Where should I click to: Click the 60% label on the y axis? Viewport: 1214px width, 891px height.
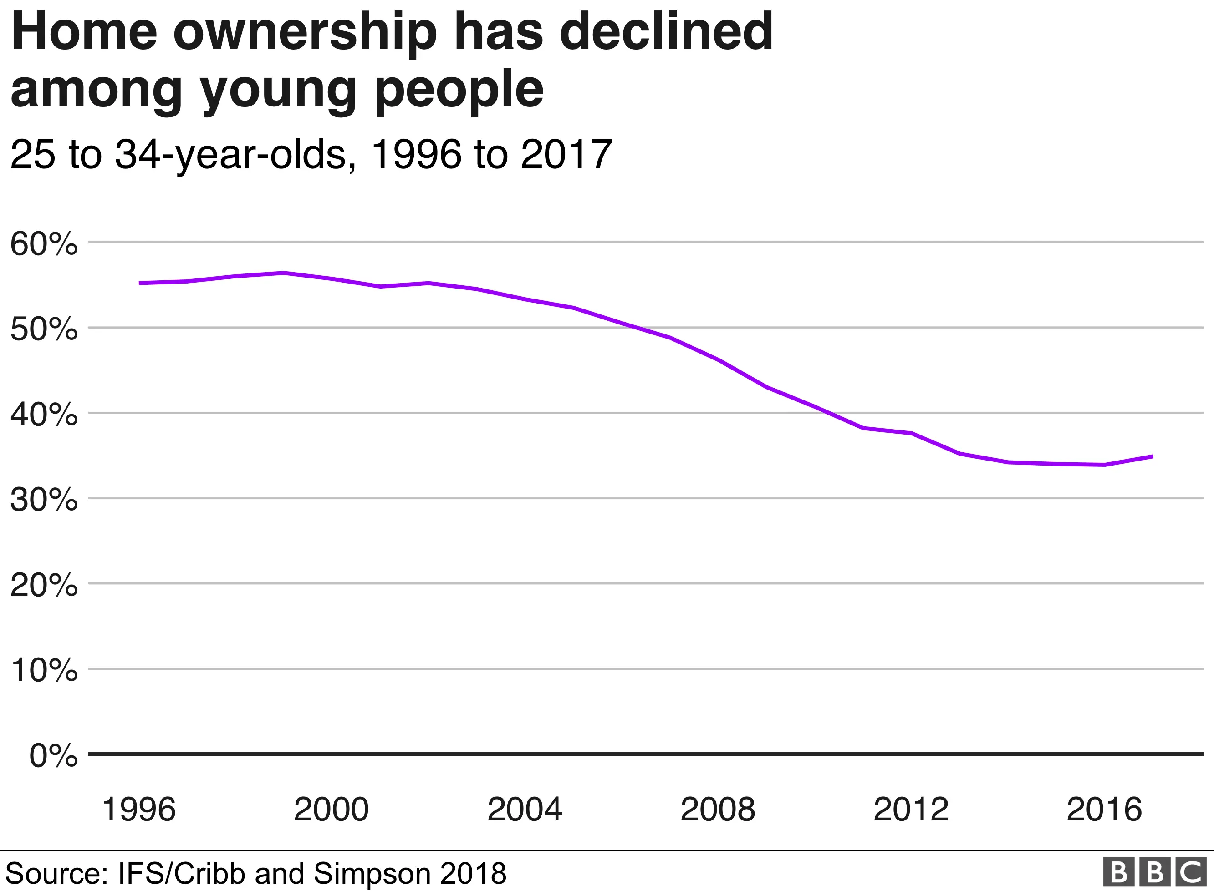pos(44,244)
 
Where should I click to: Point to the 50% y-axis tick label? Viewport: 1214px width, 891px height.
pos(44,329)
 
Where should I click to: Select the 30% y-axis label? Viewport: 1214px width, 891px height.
pos(44,501)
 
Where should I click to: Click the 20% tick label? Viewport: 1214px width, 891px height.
pos(44,586)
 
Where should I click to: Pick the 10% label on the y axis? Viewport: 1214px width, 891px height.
pos(44,671)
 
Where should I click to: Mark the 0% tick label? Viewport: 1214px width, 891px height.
pos(53,756)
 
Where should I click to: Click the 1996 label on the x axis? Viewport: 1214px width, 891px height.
pos(139,810)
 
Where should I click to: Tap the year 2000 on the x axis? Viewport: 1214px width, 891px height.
pos(332,810)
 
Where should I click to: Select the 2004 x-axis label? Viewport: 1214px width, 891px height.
pos(525,810)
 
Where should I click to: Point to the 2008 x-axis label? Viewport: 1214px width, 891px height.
pos(718,810)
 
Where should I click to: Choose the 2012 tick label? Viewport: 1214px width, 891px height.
pos(911,810)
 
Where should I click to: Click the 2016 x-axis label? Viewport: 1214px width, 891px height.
pos(1104,810)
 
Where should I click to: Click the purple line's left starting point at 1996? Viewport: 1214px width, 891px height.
pos(140,283)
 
